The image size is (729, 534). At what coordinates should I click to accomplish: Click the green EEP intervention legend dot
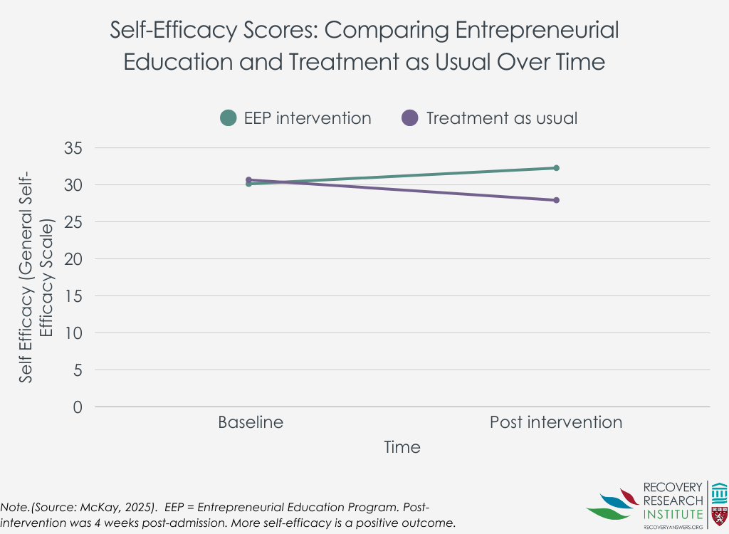pos(228,118)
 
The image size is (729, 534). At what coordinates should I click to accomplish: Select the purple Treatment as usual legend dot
pos(410,118)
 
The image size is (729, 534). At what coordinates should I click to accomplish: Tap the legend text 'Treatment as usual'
pos(501,118)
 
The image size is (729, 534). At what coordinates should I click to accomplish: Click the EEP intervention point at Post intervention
pos(556,168)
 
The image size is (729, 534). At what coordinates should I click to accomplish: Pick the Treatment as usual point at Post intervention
pos(556,200)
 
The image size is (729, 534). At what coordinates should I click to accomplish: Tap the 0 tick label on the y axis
pos(78,407)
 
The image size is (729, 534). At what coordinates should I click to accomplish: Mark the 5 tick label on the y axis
pos(78,370)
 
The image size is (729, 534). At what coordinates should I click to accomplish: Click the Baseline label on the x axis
pos(251,422)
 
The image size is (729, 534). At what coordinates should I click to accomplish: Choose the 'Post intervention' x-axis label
pos(556,422)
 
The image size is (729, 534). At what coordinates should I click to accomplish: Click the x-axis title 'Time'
pos(402,447)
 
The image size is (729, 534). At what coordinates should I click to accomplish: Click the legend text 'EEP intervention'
pos(308,118)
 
